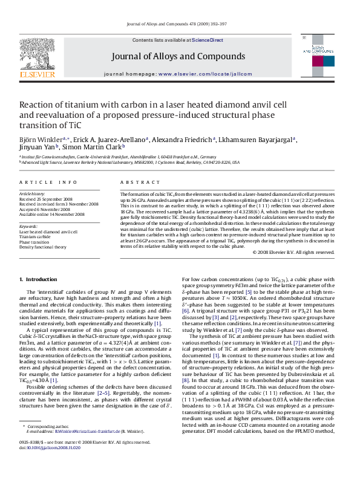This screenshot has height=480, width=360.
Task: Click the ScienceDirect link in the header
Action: tap(208, 40)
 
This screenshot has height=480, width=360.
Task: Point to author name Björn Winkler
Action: tap(39, 138)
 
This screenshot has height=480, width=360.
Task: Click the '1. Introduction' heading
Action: tap(38, 279)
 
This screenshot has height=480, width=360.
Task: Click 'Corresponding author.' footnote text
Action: tap(48, 444)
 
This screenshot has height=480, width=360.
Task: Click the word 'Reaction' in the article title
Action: tap(36, 105)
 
